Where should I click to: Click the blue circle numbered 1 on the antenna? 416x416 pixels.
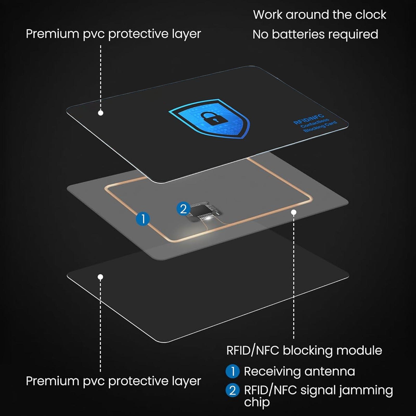coord(143,219)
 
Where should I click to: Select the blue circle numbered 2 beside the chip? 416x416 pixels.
coord(183,209)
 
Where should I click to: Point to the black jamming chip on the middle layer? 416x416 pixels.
coord(205,211)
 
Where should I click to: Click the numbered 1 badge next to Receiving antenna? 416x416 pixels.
coord(232,371)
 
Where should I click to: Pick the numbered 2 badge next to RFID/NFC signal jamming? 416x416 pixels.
coord(232,391)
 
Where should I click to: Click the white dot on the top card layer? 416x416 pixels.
coord(101,113)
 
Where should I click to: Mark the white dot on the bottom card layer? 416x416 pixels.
coord(100,277)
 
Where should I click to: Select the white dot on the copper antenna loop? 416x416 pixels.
coord(294,212)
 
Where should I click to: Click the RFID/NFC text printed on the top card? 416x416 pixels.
coord(308,119)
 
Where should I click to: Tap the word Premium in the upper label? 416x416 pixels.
coord(52,34)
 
